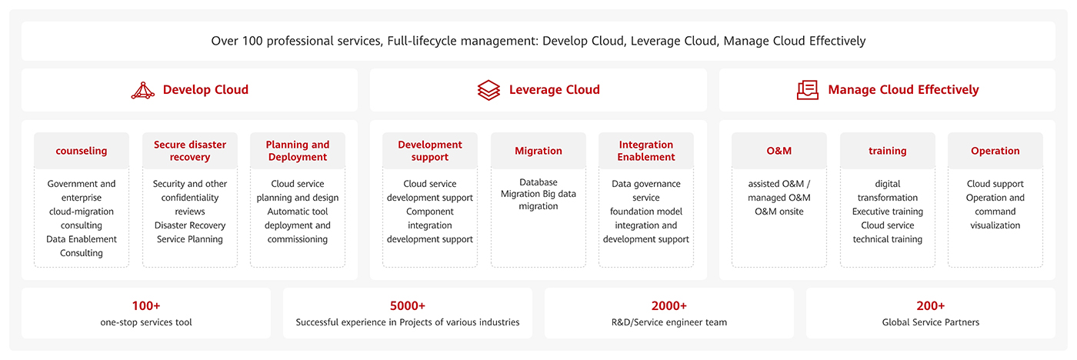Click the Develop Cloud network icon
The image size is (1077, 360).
[x=143, y=90]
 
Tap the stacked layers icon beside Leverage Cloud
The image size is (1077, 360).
[x=488, y=90]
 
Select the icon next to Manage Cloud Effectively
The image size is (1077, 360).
[x=808, y=90]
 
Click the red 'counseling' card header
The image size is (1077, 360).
[x=82, y=151]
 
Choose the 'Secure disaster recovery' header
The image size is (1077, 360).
[x=190, y=151]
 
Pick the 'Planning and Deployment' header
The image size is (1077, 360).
[x=298, y=151]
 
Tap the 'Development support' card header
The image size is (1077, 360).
[x=430, y=151]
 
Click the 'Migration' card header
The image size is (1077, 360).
[x=538, y=151]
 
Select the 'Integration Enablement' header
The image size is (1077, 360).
[x=646, y=151]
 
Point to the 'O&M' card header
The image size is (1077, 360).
[x=779, y=151]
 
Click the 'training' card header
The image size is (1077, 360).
[x=888, y=151]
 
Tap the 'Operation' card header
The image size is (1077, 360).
[x=995, y=151]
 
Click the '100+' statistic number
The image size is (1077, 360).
[x=146, y=305]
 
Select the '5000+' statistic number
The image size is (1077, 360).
[x=408, y=305]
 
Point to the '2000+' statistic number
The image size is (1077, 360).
[x=669, y=305]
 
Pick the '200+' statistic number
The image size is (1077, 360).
[x=931, y=305]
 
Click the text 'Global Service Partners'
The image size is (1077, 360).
[x=931, y=322]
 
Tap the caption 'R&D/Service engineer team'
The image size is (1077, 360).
[x=669, y=322]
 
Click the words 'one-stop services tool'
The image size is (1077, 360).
[x=146, y=322]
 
